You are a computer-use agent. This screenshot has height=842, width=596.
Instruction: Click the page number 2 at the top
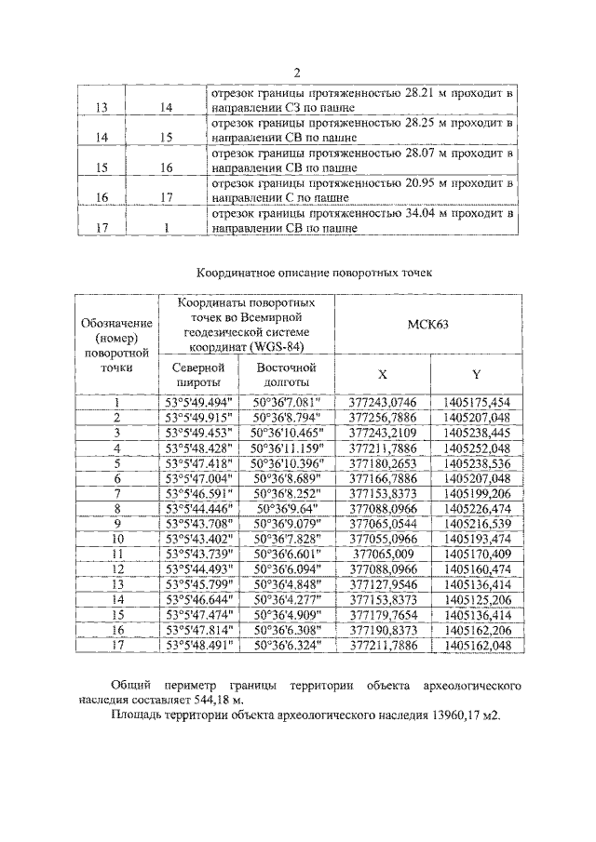[x=296, y=74]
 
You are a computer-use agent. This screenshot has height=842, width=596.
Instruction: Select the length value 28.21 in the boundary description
[x=426, y=94]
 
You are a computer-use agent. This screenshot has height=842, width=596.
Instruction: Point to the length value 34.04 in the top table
[x=426, y=213]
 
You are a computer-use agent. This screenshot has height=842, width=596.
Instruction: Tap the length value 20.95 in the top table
[x=426, y=183]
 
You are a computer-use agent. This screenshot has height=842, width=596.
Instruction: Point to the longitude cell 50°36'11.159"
[x=287, y=448]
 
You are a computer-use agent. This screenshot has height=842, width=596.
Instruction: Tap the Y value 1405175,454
[x=476, y=402]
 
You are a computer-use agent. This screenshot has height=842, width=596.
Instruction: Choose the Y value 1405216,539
[x=476, y=522]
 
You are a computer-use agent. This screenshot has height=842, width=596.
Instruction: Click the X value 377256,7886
[x=382, y=418]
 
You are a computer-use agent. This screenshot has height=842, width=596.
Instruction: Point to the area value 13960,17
[x=439, y=716]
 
